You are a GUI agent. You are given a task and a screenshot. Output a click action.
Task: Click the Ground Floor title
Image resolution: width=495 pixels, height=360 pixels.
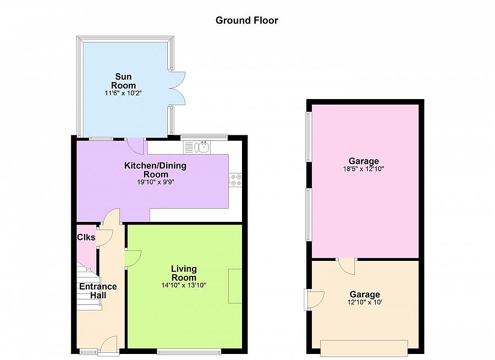pos(246,20)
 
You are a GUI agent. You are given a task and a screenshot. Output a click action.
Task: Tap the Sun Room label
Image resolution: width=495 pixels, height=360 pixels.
pos(123,81)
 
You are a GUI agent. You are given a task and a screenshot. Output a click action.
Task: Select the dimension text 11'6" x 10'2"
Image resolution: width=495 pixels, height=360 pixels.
pos(123,93)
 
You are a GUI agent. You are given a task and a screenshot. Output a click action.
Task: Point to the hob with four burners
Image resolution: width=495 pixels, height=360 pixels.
pos(235,179)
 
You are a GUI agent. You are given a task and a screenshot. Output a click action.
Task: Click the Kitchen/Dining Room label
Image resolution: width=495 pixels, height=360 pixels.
pos(155,170)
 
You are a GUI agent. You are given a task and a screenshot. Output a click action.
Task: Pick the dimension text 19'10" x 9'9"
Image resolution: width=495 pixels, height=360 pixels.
pos(156,182)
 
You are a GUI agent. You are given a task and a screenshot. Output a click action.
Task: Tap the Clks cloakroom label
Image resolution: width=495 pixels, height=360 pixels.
pos(86,237)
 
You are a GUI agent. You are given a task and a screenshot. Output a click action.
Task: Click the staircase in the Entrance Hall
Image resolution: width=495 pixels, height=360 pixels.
pos(89,285)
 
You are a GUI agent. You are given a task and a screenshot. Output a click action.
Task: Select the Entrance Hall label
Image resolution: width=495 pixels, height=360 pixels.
pos(98,291)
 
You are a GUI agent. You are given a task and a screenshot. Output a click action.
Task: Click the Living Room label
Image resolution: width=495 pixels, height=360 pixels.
pos(184,273)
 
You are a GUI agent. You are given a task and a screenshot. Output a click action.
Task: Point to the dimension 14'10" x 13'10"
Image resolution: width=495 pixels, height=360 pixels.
pos(184,285)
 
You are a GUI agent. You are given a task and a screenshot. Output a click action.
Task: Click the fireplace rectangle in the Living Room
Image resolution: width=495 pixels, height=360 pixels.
pos(235,286)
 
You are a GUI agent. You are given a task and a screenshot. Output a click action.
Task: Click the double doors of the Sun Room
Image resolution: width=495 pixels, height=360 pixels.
pos(177,88)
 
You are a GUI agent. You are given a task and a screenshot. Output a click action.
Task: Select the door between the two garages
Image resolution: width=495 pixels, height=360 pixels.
pos(346,266)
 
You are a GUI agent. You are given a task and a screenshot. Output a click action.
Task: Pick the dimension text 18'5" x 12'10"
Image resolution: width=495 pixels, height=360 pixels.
pos(364,169)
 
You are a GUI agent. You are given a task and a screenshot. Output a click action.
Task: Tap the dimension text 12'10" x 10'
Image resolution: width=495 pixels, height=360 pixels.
pos(365,302)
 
